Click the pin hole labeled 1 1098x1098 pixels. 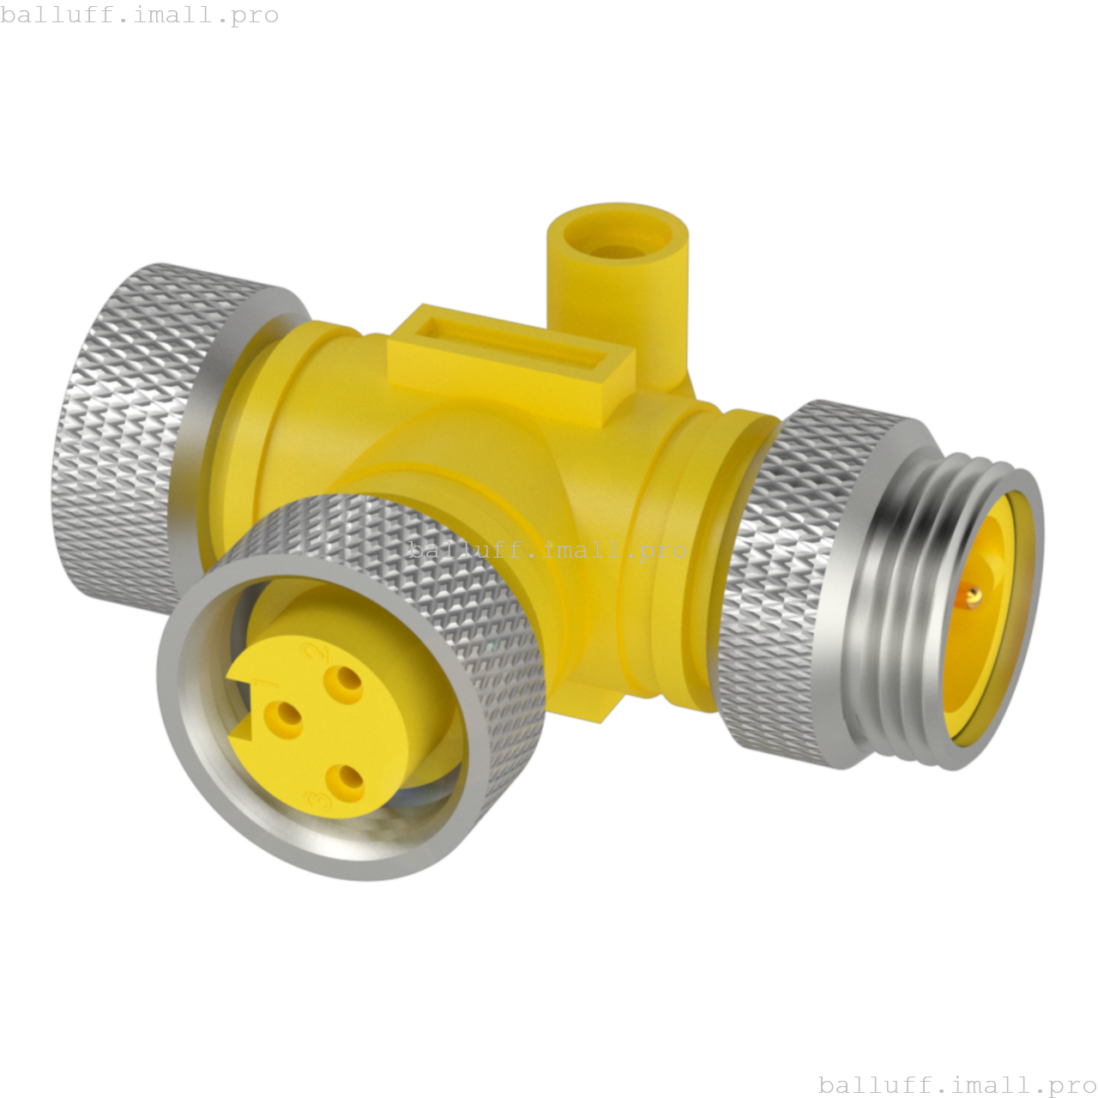click(x=284, y=719)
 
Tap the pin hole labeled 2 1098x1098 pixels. click(x=347, y=684)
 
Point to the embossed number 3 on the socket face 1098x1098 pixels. click(x=321, y=799)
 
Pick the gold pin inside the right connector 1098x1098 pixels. click(x=972, y=594)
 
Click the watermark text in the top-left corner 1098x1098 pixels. click(x=139, y=15)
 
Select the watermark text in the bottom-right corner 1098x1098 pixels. click(x=957, y=1084)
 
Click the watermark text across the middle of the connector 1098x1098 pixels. click(x=549, y=549)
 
